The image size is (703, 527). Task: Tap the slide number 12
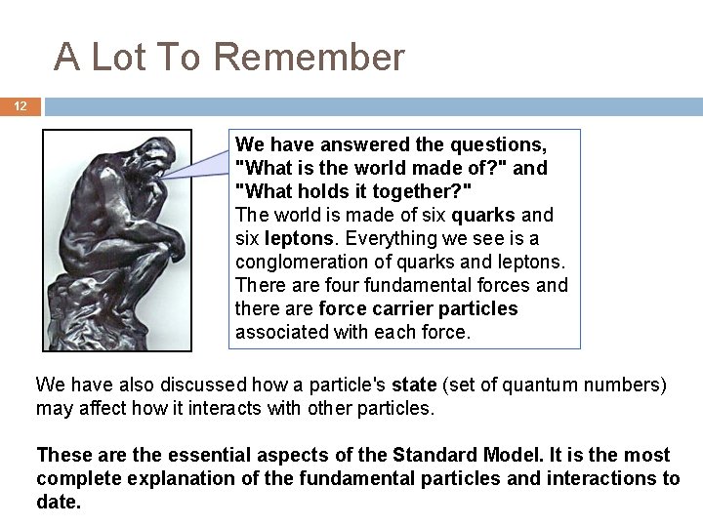(x=21, y=106)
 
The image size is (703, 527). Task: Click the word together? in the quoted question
(x=426, y=191)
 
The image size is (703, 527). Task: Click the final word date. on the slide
(x=59, y=502)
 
